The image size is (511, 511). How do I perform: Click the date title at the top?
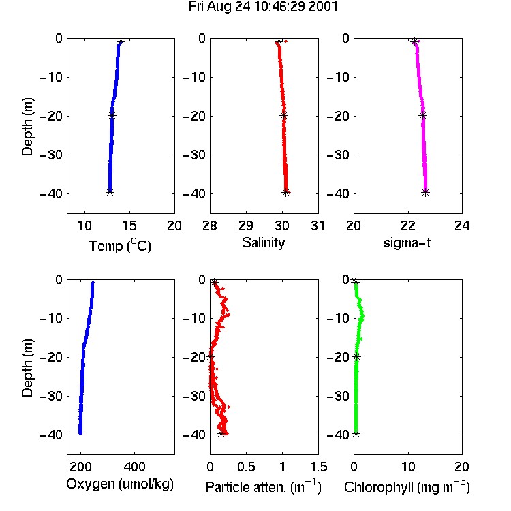[263, 7]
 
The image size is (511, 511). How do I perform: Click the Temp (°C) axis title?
[120, 245]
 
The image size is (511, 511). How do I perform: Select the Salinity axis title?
[263, 243]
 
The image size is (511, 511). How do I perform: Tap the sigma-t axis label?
[407, 243]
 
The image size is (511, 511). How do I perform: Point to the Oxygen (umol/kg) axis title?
[120, 484]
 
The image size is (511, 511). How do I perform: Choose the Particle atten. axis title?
[263, 486]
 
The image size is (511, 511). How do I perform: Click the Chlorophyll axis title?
[407, 486]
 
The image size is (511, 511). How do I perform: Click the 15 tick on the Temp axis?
[129, 226]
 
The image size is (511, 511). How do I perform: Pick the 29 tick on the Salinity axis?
[246, 226]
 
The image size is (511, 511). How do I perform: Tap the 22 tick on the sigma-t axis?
[408, 226]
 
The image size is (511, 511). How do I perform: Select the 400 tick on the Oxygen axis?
[135, 467]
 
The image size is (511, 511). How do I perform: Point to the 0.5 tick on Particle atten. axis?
[246, 467]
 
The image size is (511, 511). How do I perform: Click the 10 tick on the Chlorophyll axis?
[408, 467]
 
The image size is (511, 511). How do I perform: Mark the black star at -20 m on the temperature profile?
[112, 115]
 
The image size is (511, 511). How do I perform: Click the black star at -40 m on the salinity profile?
[285, 192]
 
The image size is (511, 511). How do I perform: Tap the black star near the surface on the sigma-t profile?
[414, 42]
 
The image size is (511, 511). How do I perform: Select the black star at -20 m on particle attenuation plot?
[211, 356]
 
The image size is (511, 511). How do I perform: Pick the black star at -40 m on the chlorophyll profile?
[356, 434]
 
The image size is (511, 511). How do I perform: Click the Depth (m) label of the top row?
[27, 127]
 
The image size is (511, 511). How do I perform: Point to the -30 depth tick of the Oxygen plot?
[51, 397]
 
